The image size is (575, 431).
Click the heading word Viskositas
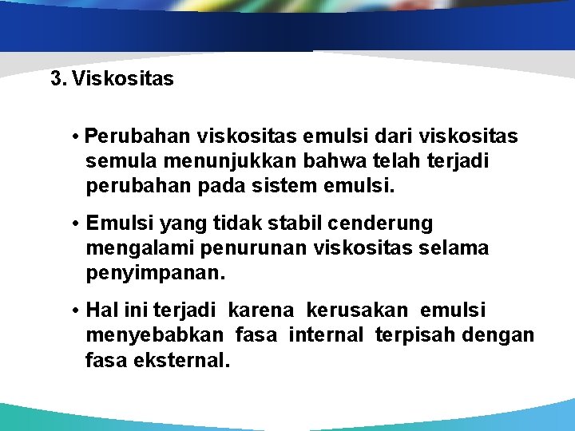pos(122,79)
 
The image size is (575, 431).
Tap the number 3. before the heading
pos(57,79)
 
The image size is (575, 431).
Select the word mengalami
pos(130,249)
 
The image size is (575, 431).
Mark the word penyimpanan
pos(155,275)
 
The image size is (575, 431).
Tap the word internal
pos(325,335)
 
